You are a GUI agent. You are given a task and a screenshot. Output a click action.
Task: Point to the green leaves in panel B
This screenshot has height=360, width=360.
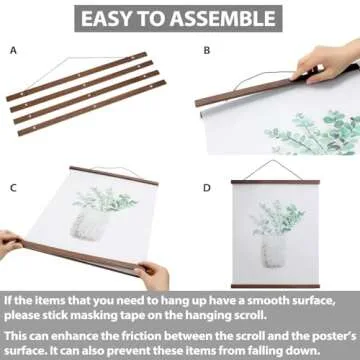300,135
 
